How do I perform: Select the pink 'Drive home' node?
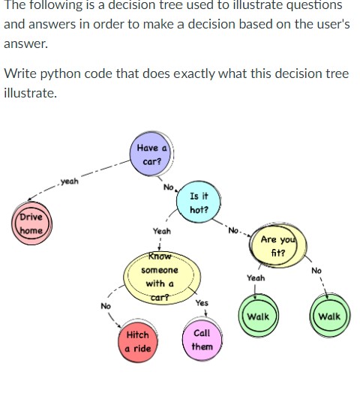[31, 224]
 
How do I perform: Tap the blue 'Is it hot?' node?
[199, 202]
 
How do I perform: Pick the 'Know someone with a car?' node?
[160, 277]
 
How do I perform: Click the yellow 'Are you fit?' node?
[277, 245]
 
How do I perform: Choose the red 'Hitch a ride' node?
[138, 341]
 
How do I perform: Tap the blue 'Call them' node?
[201, 340]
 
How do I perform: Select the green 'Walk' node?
[257, 316]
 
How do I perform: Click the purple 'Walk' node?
[328, 316]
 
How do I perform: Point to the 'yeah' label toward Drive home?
[69, 181]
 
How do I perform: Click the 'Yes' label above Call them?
[201, 304]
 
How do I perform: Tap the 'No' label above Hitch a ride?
[106, 305]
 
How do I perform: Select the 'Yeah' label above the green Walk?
[256, 277]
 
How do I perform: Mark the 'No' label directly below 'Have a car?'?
[169, 187]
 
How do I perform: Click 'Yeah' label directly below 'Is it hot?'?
[161, 232]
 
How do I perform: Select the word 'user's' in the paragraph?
[331, 24]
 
